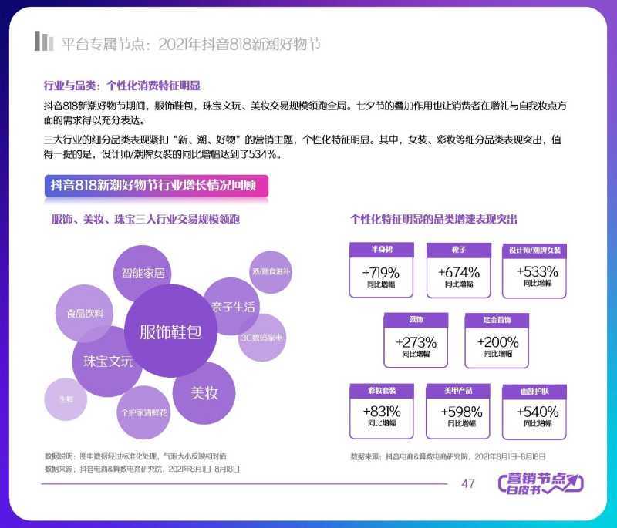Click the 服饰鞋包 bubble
point(170,332)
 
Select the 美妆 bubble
point(204,392)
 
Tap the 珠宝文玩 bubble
point(108,362)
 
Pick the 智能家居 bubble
point(143,273)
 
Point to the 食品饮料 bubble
point(85,313)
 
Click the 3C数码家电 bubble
point(262,338)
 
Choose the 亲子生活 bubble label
point(233,306)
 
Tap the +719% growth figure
point(381,272)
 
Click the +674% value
point(459,272)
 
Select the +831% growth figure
point(381,412)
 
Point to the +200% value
point(497,341)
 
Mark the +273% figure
point(416,341)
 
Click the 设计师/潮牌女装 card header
point(535,251)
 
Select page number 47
point(467,483)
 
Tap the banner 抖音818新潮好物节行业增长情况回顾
point(157,186)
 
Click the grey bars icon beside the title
point(43,42)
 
